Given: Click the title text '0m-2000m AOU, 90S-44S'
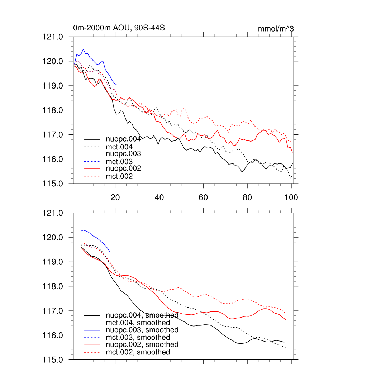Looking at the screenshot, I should click(119, 28).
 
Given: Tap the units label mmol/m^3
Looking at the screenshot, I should click(276, 29).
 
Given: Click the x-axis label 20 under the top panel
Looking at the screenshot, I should click(115, 197).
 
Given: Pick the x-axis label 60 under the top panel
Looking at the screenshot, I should click(203, 197).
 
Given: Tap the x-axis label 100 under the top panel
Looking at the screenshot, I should click(291, 197).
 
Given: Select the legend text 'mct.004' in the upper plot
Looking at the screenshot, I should click(119, 147).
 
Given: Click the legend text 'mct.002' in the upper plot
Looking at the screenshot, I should click(119, 176).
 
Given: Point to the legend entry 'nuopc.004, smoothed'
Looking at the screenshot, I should click(142, 315).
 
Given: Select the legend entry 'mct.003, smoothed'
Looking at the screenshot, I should click(138, 337).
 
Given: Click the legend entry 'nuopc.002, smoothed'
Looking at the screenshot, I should click(142, 344).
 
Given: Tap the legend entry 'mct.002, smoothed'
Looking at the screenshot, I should click(138, 352).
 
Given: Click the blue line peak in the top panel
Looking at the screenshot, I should click(83, 49).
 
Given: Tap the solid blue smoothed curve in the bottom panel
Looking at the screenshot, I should click(97, 237).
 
